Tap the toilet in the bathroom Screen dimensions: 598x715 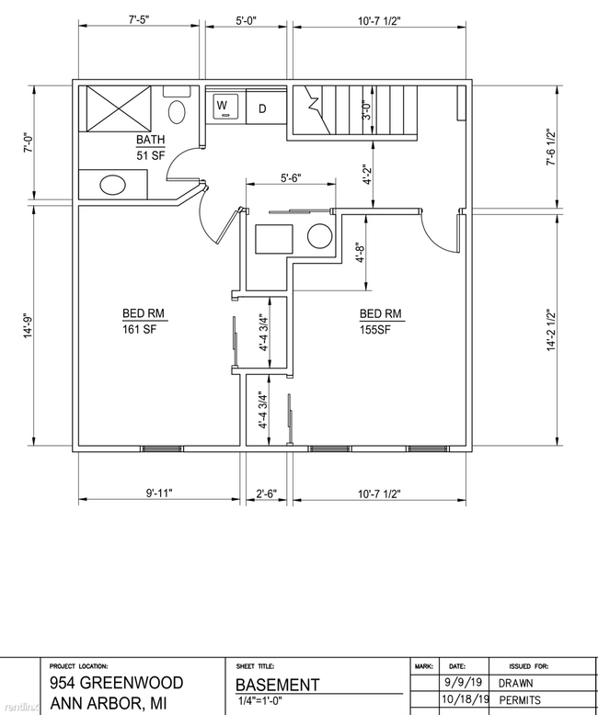(178, 106)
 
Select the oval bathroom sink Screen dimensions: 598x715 (113, 185)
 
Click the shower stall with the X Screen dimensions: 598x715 (119, 108)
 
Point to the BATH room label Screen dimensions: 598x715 (151, 140)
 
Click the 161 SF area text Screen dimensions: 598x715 (139, 329)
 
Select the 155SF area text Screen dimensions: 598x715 (375, 330)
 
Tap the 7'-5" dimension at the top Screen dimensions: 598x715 (139, 19)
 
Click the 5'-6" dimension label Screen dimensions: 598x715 (292, 178)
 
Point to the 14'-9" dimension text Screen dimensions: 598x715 (29, 326)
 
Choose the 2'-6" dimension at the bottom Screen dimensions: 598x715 (266, 494)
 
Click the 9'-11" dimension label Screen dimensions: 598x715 (159, 494)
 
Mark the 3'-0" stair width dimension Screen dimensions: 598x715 (366, 110)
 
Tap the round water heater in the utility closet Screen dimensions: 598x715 (319, 236)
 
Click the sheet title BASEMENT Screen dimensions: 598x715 (277, 686)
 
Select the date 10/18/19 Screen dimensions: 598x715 (466, 699)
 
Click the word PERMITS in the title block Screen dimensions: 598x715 (520, 700)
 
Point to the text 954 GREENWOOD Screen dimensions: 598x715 (117, 683)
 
